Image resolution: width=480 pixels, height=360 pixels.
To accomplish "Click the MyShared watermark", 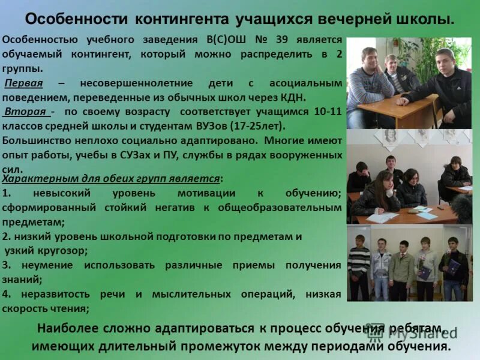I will (414, 332).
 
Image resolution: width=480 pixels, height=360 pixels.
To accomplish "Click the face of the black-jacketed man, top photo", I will (445, 61).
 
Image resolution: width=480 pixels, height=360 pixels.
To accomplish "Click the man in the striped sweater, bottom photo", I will (359, 264).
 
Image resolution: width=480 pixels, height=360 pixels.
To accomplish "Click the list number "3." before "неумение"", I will (7, 265).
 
